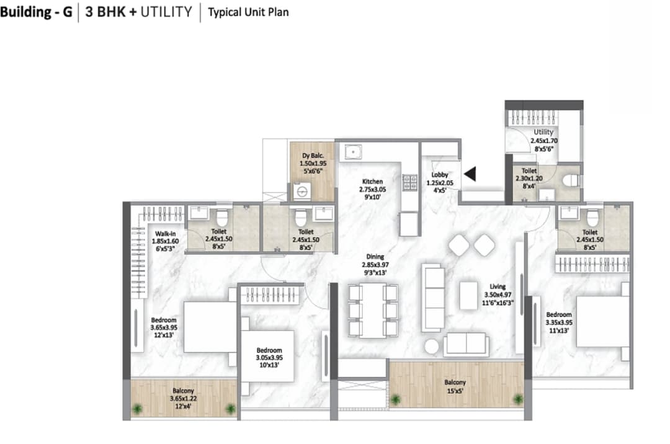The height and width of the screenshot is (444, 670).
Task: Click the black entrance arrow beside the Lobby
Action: [470, 174]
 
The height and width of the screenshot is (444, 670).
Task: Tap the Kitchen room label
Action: [373, 182]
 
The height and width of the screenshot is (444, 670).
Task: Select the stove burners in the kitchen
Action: [410, 182]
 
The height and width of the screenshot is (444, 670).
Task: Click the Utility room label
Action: [543, 133]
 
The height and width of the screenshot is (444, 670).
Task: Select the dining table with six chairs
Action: [373, 310]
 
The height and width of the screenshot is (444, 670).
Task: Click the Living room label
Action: [498, 286]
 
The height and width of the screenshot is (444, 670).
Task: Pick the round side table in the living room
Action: [432, 345]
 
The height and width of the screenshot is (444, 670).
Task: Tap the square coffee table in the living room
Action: [468, 295]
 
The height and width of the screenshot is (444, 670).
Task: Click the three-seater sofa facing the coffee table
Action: [432, 296]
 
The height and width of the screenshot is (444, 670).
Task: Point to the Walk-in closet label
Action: [165, 234]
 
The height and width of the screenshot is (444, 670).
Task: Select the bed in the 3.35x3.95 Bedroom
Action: [602, 321]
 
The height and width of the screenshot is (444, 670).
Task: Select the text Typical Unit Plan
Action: [248, 12]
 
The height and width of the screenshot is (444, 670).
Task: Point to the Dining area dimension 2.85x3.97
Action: [374, 265]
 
